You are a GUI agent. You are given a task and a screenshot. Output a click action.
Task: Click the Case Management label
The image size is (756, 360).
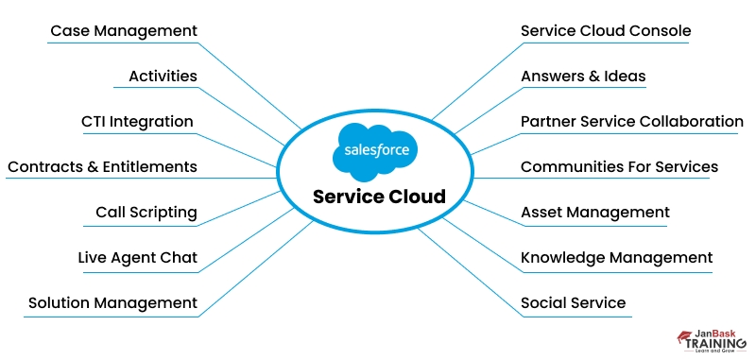click(123, 31)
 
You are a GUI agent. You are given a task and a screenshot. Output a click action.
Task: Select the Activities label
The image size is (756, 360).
click(163, 77)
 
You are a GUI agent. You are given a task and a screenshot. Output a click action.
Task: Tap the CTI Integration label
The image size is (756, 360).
click(137, 122)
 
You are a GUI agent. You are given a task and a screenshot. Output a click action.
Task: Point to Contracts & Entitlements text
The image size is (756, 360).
click(102, 167)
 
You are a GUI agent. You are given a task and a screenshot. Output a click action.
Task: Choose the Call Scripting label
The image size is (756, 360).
click(146, 213)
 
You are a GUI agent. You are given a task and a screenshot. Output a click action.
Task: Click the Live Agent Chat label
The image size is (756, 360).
click(137, 258)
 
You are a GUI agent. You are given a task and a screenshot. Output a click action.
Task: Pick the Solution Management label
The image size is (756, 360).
click(112, 303)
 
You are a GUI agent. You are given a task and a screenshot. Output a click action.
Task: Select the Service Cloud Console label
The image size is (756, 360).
click(606, 31)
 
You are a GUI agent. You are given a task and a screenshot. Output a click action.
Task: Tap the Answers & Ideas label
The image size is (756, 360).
click(583, 77)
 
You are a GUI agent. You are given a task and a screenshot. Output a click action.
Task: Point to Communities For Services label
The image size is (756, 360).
click(619, 167)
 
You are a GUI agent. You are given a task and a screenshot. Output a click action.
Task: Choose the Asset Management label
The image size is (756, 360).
click(594, 213)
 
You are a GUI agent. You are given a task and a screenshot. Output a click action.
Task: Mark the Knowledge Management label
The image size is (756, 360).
click(616, 258)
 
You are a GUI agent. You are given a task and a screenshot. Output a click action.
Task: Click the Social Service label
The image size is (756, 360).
click(573, 303)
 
